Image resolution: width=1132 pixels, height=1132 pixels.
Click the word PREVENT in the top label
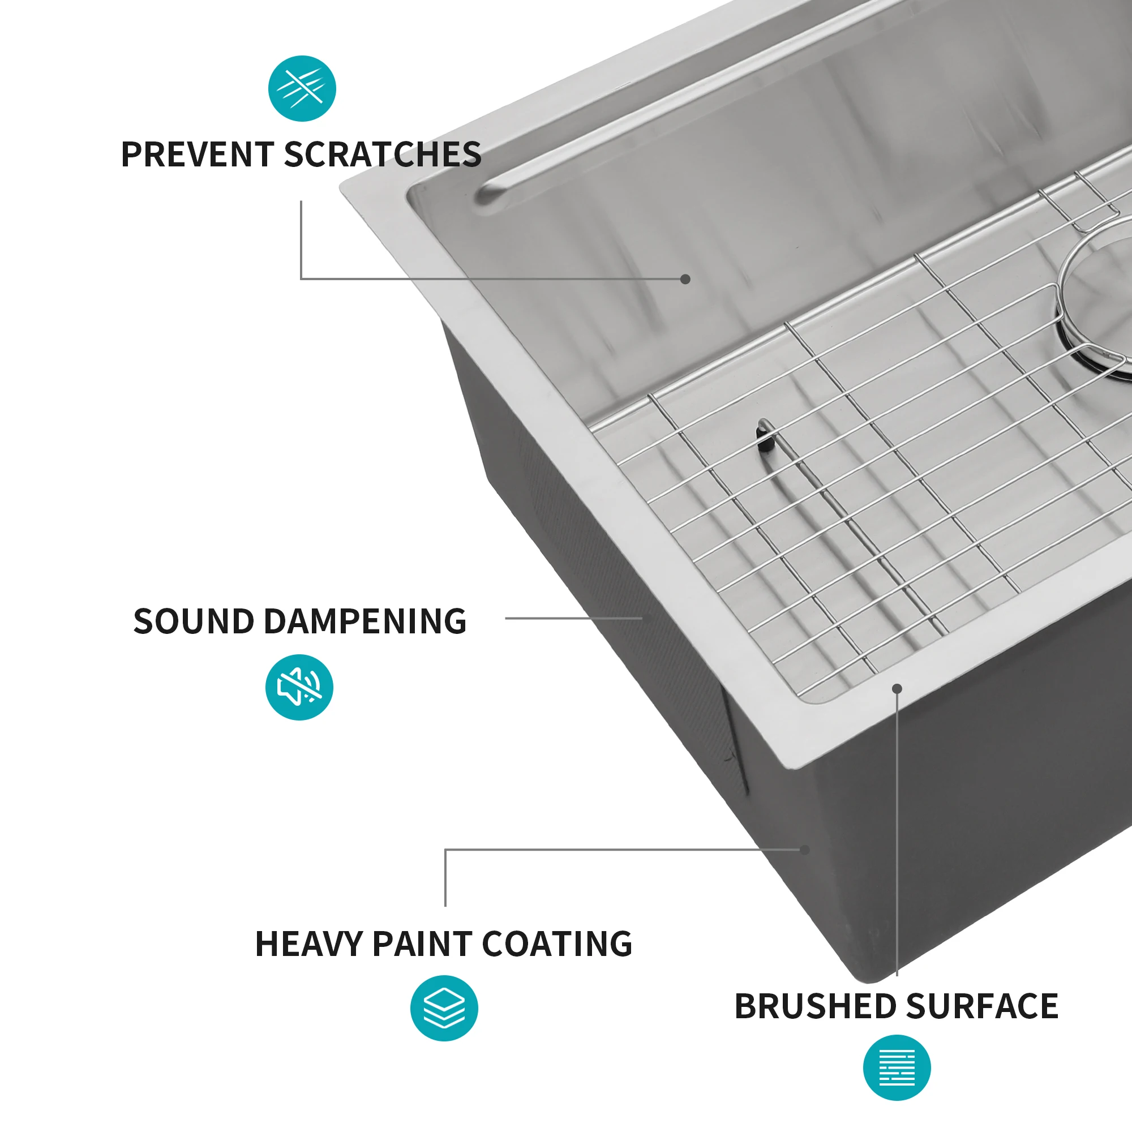197,155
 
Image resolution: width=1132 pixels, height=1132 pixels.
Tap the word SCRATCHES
382,155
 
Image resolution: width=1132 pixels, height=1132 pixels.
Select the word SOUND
194,621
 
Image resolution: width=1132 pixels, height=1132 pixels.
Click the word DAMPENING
365,621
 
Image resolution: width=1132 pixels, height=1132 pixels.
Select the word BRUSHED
815,1006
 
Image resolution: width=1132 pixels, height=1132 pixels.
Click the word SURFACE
982,1006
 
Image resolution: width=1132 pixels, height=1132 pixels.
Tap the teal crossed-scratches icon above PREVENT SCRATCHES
302,88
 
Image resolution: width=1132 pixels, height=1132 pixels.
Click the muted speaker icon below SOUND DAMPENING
299,687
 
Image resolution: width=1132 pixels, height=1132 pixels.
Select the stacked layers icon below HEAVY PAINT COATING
444,1009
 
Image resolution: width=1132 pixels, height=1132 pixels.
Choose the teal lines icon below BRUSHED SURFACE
897,1068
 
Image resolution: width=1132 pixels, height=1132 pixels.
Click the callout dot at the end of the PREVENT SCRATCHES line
685,279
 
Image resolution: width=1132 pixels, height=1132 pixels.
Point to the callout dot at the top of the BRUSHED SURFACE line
897,688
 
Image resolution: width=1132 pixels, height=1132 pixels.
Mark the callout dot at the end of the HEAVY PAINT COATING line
805,850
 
